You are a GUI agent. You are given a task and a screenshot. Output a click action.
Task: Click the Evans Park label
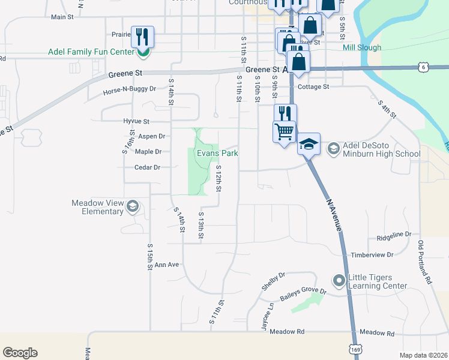click(x=218, y=154)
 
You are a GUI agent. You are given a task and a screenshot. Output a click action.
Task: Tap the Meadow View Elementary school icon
click(x=132, y=207)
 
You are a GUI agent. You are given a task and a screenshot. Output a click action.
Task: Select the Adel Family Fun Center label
click(x=92, y=52)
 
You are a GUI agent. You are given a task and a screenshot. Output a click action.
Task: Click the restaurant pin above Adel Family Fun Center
click(x=142, y=37)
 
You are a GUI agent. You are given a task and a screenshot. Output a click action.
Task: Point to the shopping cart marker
click(x=284, y=130)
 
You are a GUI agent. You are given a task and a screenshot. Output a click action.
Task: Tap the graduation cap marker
click(x=309, y=144)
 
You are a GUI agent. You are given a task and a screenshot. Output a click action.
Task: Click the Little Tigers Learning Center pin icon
click(x=339, y=280)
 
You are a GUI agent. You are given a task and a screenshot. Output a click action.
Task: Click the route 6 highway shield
click(x=424, y=67)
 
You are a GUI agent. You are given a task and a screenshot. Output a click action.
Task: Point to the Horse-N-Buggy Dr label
click(x=129, y=89)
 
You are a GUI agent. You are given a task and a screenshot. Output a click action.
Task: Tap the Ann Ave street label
click(x=167, y=265)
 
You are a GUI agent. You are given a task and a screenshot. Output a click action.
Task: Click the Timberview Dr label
click(x=372, y=255)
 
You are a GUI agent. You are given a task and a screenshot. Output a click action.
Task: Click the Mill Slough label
click(x=361, y=47)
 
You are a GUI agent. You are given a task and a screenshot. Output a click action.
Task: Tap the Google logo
click(x=20, y=353)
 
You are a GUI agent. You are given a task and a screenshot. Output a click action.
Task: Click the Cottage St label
click(x=313, y=87)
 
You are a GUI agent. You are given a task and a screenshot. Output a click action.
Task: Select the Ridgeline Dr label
click(x=394, y=234)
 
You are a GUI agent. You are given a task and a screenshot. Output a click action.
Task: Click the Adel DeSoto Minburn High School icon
click(x=333, y=148)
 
